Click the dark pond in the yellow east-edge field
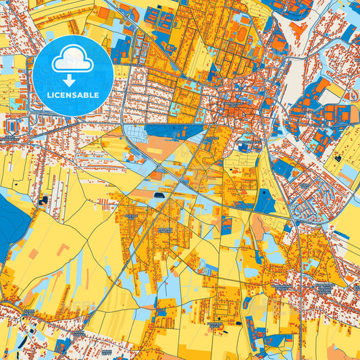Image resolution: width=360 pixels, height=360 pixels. click(337, 158)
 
